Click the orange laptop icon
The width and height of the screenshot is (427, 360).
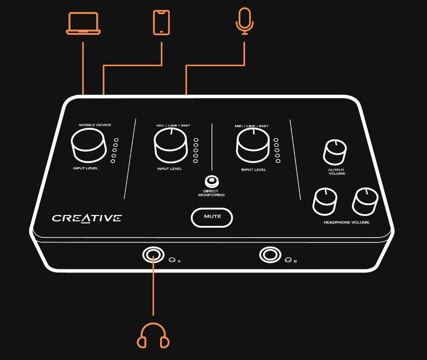[x=83, y=24]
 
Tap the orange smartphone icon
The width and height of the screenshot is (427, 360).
[x=161, y=23]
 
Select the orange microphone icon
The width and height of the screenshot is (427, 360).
[x=245, y=21]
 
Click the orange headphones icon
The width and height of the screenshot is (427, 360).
[x=153, y=336]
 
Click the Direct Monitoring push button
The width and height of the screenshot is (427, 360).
[x=212, y=182]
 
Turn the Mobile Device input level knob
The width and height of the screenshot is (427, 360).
[x=88, y=145]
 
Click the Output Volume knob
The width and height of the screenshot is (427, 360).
[x=335, y=152]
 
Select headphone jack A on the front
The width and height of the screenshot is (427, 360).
[x=153, y=255]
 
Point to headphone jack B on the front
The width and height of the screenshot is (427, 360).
[x=270, y=255]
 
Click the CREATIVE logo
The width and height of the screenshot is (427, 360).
[x=87, y=218]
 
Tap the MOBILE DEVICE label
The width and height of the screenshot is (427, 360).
[x=95, y=125]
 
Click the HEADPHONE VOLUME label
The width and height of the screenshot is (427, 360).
[x=346, y=222]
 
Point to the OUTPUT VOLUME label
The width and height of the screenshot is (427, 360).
[x=336, y=172]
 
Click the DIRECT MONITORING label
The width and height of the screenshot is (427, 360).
[x=211, y=193]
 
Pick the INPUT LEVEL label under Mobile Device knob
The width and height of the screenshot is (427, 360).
[x=85, y=168]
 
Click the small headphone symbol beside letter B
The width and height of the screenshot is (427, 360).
[x=288, y=260]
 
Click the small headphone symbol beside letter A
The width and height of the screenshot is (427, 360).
[x=172, y=260]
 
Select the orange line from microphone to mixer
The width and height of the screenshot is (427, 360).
[x=215, y=65]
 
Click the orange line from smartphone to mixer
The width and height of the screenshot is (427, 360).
[x=133, y=65]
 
